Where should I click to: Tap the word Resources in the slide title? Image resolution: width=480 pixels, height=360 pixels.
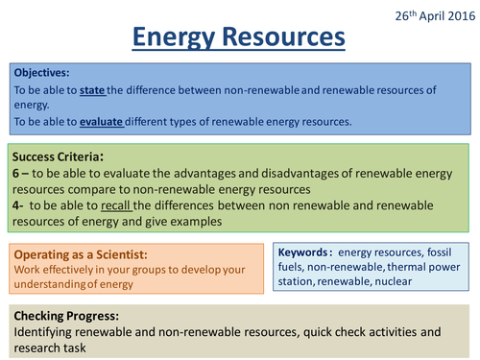pyautogui.click(x=289, y=38)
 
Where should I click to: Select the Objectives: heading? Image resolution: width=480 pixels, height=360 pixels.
pyautogui.click(x=41, y=71)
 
